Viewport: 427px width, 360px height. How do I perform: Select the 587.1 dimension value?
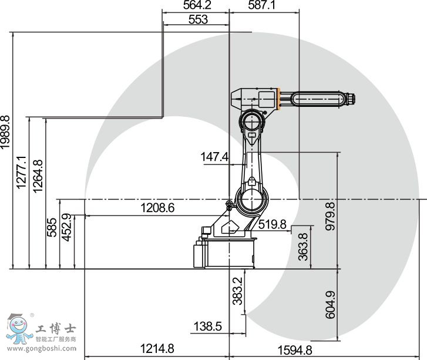(x=263, y=6)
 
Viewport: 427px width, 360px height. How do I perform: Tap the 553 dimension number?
(x=198, y=19)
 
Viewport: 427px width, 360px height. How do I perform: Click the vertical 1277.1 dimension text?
(x=22, y=173)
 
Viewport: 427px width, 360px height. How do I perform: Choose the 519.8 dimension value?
(x=272, y=224)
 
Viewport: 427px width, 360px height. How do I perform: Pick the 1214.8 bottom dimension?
(x=157, y=349)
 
